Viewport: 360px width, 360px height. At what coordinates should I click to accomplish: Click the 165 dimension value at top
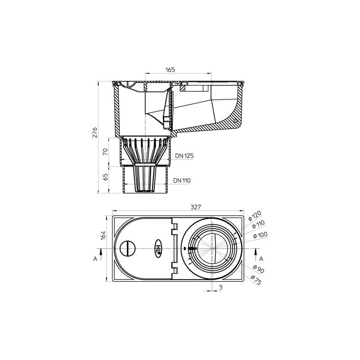tap(169, 70)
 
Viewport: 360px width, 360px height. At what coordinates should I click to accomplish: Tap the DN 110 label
tap(182, 180)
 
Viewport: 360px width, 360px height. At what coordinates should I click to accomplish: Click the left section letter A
tap(95, 259)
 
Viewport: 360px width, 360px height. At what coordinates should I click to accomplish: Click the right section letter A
tap(261, 259)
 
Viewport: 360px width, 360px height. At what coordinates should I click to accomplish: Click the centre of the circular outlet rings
tap(212, 248)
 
